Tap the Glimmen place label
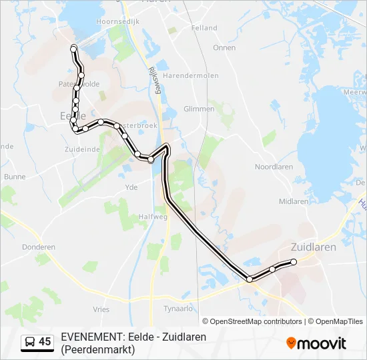tap(199, 109)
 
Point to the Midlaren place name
tap(294, 201)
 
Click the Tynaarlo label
tap(178, 308)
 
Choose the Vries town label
tap(101, 309)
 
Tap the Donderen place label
tap(38, 247)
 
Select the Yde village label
tap(131, 187)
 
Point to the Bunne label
tap(14, 177)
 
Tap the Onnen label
tap(224, 47)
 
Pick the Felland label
tap(204, 28)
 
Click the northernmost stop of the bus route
tap(73, 47)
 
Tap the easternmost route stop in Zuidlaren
tap(294, 262)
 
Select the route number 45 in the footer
tap(45, 342)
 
